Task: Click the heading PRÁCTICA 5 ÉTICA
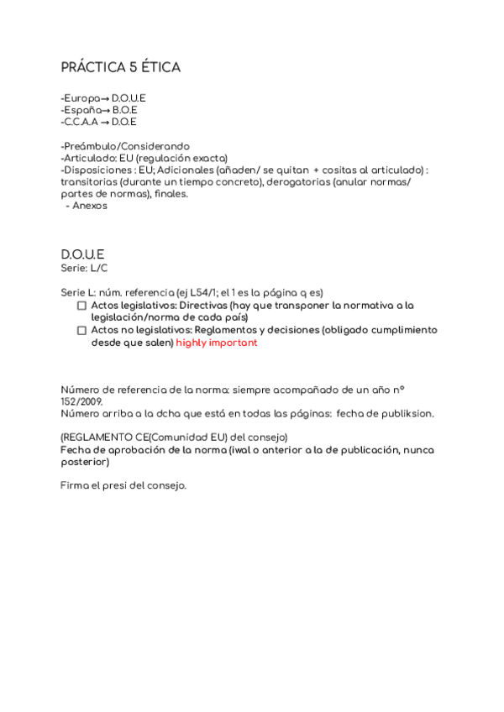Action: pyautogui.click(x=120, y=67)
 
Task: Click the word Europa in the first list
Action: pyautogui.click(x=81, y=98)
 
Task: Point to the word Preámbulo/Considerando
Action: pyautogui.click(x=127, y=146)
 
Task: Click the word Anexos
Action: pyautogui.click(x=90, y=206)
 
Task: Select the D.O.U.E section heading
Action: pyautogui.click(x=82, y=254)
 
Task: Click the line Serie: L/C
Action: pyautogui.click(x=84, y=267)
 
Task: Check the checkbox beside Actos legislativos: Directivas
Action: pyautogui.click(x=81, y=306)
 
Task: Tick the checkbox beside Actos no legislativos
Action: pyautogui.click(x=81, y=331)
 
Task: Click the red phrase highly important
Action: pyautogui.click(x=216, y=343)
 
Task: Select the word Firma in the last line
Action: pyautogui.click(x=74, y=486)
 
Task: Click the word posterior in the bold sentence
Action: pyautogui.click(x=84, y=462)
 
